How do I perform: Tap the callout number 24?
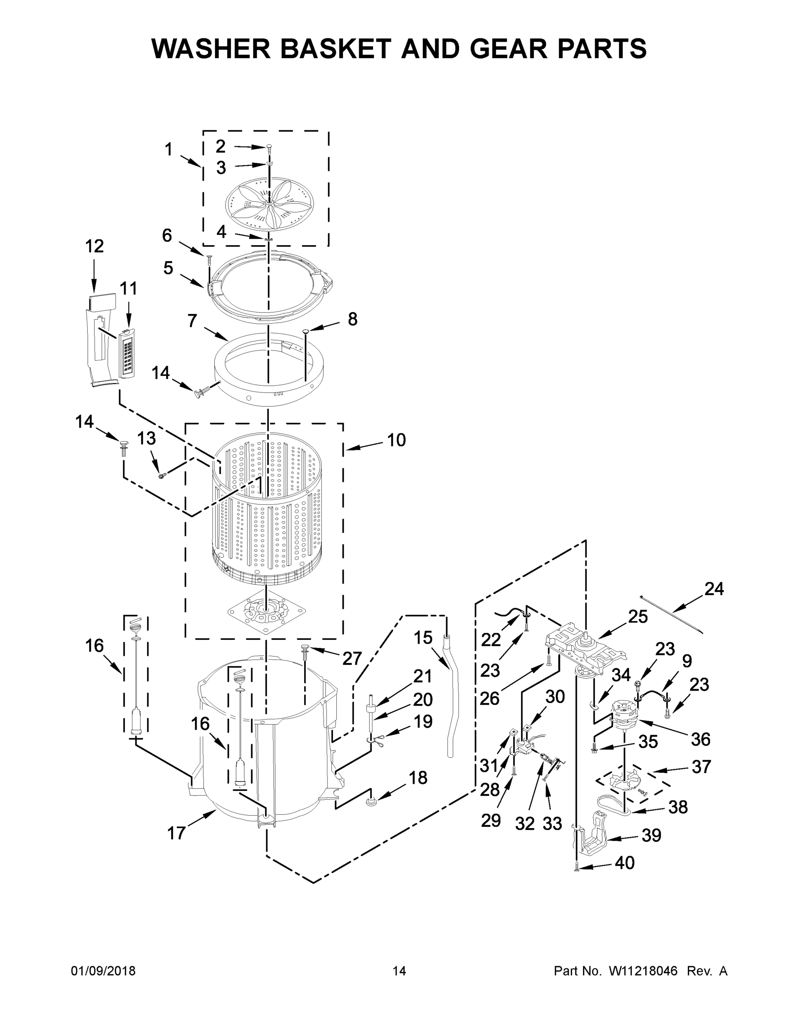pos(714,589)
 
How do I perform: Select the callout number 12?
pos(95,246)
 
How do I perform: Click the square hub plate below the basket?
pos(266,612)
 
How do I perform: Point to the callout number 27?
pos(352,658)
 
